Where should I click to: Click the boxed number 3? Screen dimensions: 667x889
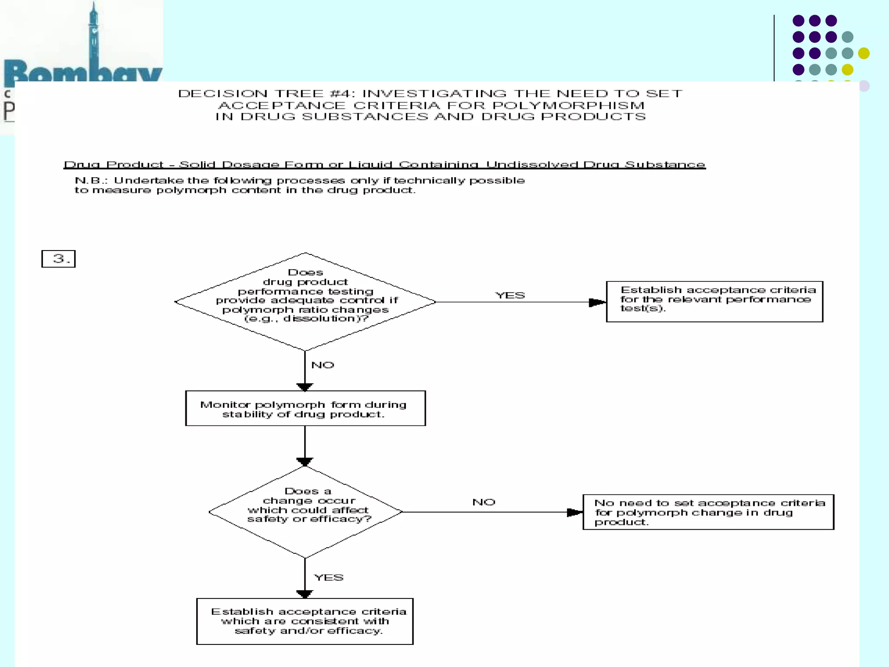tap(59, 259)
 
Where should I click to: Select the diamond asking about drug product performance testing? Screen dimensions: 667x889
tap(305, 301)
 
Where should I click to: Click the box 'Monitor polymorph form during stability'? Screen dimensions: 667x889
tap(305, 409)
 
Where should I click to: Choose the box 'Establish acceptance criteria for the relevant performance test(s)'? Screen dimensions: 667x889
tap(714, 302)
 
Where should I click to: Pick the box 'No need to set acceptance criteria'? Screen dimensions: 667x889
tap(708, 512)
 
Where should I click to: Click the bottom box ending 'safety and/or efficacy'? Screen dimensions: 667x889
tap(305, 621)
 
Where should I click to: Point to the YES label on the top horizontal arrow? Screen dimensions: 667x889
tap(510, 295)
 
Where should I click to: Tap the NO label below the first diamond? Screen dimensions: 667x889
tap(323, 365)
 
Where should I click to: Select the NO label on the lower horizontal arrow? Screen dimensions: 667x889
tap(484, 502)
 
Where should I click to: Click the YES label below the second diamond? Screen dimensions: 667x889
tap(329, 577)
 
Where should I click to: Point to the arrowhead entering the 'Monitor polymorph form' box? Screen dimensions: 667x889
tap(305, 387)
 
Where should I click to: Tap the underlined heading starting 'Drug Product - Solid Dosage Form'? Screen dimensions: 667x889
tap(385, 165)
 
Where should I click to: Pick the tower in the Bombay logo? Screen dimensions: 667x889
tap(94, 35)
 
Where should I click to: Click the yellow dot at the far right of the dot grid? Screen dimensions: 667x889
tap(864, 53)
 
